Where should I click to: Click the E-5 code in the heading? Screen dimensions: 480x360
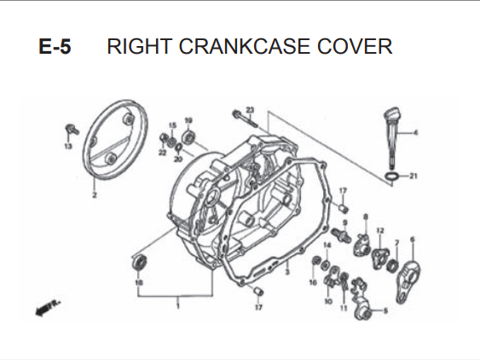coord(55,47)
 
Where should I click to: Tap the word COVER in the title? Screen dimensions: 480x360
coord(355,47)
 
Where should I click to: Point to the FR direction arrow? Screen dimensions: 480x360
coord(48,308)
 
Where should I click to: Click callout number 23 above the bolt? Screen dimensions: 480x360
coord(250,110)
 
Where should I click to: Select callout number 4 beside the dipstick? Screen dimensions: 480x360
coord(415,133)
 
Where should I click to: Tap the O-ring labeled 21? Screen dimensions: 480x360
coord(391,177)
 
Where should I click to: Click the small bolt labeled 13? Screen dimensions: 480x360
coord(72,130)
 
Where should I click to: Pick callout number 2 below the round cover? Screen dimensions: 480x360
coord(95,195)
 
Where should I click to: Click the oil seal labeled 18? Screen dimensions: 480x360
coord(139,262)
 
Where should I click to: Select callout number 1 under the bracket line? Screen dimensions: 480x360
coord(178,305)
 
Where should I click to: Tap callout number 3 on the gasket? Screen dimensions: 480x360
coord(286,272)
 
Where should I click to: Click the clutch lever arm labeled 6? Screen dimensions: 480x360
coord(408,282)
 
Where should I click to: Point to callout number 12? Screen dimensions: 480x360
coord(380,230)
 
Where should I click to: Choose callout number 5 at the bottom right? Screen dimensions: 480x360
coord(385,311)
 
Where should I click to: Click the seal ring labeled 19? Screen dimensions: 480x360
coord(188,137)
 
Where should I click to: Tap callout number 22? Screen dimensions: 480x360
coord(162,152)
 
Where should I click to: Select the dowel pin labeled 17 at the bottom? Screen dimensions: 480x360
coord(258,290)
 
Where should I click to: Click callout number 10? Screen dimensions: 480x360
coord(328,302)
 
